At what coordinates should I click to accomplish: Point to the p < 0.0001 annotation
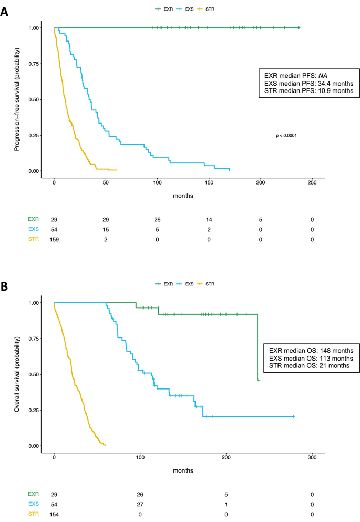[x=287, y=136]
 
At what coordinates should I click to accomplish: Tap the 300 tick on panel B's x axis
[x=312, y=457]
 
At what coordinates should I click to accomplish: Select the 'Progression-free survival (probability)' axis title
[x=17, y=100]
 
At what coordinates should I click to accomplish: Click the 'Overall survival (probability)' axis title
[x=17, y=374]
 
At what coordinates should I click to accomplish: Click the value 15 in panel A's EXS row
[x=106, y=230]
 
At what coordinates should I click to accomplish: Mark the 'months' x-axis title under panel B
[x=182, y=470]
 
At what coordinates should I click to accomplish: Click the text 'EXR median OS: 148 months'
[x=311, y=351]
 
